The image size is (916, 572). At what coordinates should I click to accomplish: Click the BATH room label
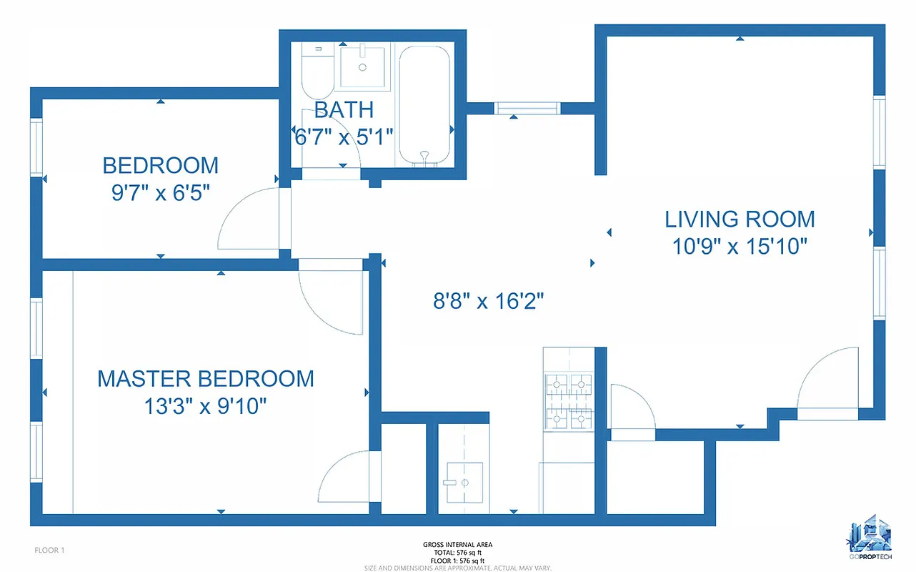344,109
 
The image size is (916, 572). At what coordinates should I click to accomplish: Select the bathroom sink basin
363,66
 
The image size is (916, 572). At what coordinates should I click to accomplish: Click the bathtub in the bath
424,106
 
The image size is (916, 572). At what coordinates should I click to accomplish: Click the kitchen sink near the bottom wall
463,483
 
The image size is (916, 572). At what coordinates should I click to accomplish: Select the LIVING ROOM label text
740,219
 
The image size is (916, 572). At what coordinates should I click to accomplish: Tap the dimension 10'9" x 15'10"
740,247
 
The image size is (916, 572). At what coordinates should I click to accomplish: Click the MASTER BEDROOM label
206,378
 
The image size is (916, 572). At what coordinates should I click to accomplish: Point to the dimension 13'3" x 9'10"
206,407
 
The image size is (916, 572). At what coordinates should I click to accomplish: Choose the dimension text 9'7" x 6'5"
160,194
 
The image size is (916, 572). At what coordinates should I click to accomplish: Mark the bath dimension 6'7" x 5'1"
344,137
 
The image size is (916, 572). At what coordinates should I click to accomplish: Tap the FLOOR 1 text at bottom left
50,550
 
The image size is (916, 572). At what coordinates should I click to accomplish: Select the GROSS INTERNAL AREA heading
457,545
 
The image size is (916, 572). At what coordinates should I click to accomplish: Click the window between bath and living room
527,109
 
